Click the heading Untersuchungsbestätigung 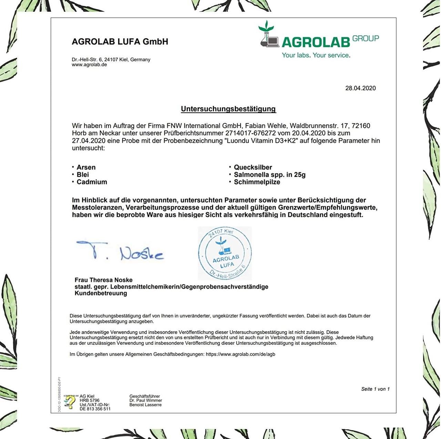[228, 109]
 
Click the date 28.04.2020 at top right [360, 88]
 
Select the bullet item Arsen [86, 167]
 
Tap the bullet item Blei [83, 175]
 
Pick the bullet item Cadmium [92, 182]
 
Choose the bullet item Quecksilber [253, 167]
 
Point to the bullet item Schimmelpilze [257, 182]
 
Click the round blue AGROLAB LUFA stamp [225, 253]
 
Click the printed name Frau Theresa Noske [103, 280]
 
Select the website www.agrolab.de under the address [89, 65]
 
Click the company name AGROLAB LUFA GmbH [120, 42]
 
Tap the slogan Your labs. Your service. [316, 55]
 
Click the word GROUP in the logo [366, 39]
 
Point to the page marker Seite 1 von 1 [375, 389]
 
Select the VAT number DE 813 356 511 [95, 409]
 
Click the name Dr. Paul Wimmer [146, 400]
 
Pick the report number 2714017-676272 [250, 133]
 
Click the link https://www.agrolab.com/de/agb [240, 354]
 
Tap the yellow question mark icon [70, 401]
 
